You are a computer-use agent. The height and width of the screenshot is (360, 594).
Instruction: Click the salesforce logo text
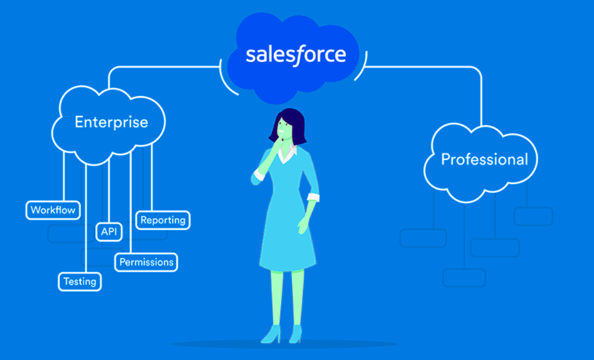tap(296, 56)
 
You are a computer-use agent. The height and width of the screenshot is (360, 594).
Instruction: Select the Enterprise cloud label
tap(111, 122)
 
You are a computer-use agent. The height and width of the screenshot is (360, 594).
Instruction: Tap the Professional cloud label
tap(485, 159)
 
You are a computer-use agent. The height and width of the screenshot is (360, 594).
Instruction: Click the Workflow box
tap(53, 210)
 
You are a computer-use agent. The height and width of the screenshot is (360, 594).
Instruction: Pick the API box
tap(109, 232)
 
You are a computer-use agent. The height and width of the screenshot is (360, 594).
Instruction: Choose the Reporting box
tap(163, 220)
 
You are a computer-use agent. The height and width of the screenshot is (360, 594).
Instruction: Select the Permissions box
tap(146, 262)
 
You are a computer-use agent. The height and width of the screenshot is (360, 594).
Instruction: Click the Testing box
tap(80, 281)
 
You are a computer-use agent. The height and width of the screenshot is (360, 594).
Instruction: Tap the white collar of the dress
tap(288, 153)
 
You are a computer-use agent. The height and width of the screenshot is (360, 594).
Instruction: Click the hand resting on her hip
tap(304, 225)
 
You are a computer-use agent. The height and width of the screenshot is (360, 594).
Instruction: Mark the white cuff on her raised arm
tap(260, 175)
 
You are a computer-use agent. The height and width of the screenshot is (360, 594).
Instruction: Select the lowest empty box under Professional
tap(464, 278)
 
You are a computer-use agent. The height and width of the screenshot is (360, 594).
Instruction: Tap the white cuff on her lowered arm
tap(313, 197)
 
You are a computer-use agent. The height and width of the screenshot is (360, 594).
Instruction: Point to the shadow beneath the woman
tap(284, 344)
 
